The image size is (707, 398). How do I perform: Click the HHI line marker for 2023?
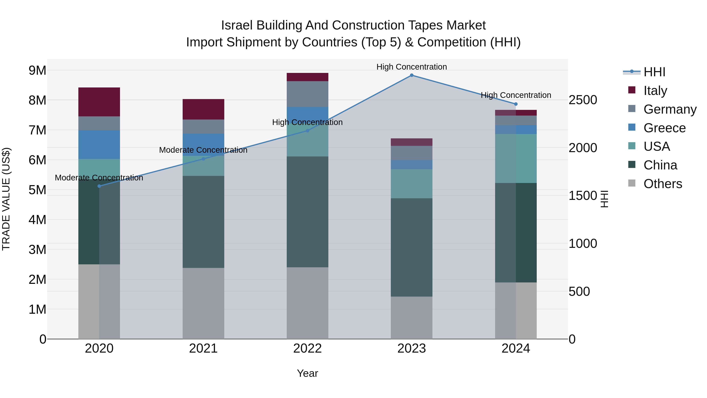tap(411, 75)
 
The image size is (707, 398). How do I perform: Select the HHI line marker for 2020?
tap(99, 186)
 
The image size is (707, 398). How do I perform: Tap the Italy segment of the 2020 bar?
tap(99, 102)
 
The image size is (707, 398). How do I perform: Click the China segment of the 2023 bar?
tap(411, 247)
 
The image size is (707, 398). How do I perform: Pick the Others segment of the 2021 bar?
tap(203, 303)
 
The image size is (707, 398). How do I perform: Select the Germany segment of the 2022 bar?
tap(307, 94)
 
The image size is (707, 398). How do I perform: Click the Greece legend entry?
tap(664, 128)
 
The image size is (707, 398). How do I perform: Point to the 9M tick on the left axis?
tap(37, 71)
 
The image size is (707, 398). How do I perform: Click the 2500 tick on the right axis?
tap(583, 100)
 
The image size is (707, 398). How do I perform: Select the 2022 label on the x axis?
tap(307, 348)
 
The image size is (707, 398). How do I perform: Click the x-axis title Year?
tap(307, 373)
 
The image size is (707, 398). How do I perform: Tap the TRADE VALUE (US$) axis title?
tap(6, 199)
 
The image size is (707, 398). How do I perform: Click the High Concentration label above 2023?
tap(411, 67)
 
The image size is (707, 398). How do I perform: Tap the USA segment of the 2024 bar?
tap(516, 158)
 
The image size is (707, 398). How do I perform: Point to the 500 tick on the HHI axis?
tap(579, 291)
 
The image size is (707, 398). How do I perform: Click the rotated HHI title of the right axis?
tap(604, 199)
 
